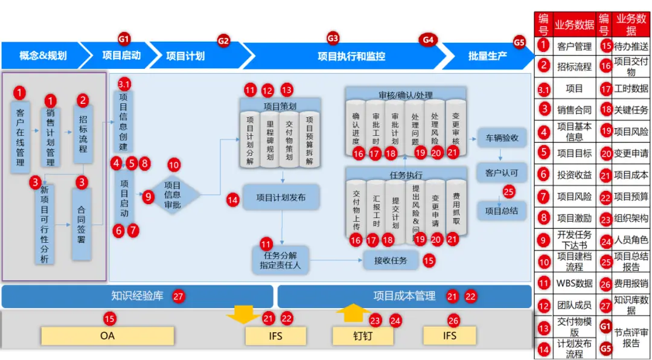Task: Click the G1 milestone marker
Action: tap(124, 39)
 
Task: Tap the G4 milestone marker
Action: tap(428, 40)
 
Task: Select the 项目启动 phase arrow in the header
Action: tap(121, 56)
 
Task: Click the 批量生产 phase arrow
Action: tap(487, 56)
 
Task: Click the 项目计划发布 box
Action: tap(281, 197)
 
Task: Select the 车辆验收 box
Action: tap(502, 138)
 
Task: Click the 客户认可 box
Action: tap(502, 173)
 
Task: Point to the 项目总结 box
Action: tap(502, 211)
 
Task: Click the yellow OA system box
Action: tap(107, 335)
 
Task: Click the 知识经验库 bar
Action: tap(137, 297)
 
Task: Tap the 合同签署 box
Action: tap(81, 223)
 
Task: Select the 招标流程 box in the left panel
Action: tap(83, 135)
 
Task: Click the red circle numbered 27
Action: tap(178, 297)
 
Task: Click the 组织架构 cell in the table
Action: tap(631, 218)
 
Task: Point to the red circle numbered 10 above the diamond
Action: tap(174, 164)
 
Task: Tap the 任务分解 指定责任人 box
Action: tap(280, 260)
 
